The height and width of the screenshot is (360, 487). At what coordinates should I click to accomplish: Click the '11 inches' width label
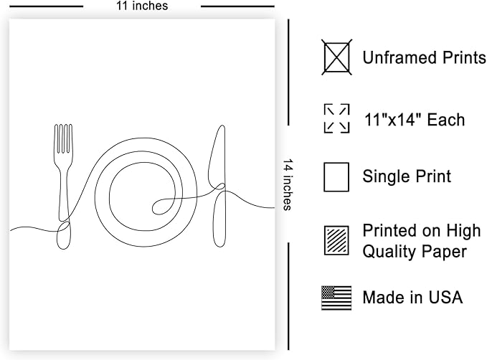pos(142,6)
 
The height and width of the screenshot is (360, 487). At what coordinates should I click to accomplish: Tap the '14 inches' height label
pos(288,185)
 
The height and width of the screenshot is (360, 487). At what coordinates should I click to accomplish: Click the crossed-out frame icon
pos(336,57)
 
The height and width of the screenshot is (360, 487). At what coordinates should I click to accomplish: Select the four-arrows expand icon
pos(336,118)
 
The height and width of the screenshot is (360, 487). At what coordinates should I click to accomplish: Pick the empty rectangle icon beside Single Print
pos(336,177)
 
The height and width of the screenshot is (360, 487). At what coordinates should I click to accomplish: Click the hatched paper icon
pos(336,241)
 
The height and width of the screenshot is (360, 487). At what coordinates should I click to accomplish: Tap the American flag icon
pos(336,298)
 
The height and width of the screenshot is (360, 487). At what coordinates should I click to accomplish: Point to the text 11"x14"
pos(393,120)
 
